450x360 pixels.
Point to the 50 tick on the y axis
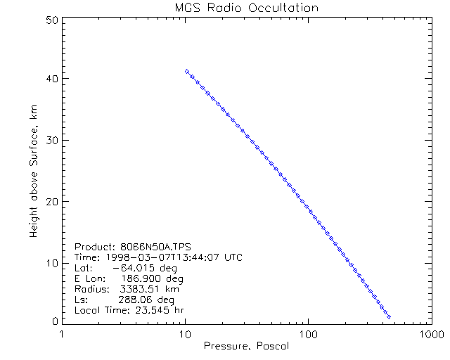coord(51,20)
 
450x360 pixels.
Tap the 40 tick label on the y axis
coord(51,79)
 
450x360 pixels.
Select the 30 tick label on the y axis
coord(51,140)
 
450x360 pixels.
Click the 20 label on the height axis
coord(51,201)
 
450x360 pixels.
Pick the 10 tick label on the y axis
coord(51,262)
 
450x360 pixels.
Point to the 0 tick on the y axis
coord(53,321)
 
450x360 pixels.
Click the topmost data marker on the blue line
coord(186,71)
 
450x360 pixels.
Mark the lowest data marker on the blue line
coord(389,316)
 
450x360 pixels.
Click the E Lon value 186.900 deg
coord(141,278)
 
